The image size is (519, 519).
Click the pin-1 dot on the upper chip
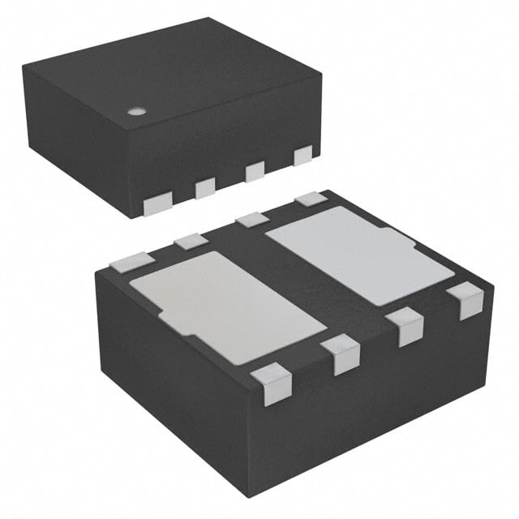click(137, 110)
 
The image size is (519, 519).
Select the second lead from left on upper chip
click(204, 188)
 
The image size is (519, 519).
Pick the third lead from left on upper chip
click(255, 171)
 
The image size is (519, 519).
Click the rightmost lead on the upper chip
click(303, 155)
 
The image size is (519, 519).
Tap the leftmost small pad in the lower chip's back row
click(132, 261)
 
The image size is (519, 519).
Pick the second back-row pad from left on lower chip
click(192, 240)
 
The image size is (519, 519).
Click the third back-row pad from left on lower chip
click(252, 218)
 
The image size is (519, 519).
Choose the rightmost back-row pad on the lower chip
click(311, 198)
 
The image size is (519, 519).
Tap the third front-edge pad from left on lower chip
click(405, 326)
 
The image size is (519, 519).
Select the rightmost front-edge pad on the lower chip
click(465, 299)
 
